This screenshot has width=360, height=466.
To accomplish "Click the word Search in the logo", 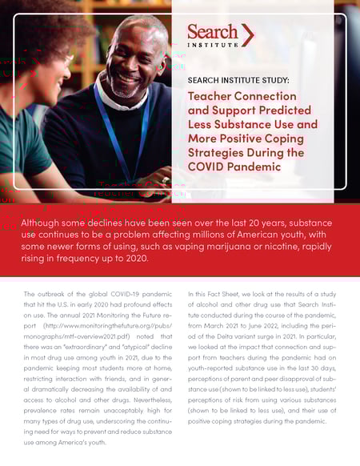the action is [x=212, y=32].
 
